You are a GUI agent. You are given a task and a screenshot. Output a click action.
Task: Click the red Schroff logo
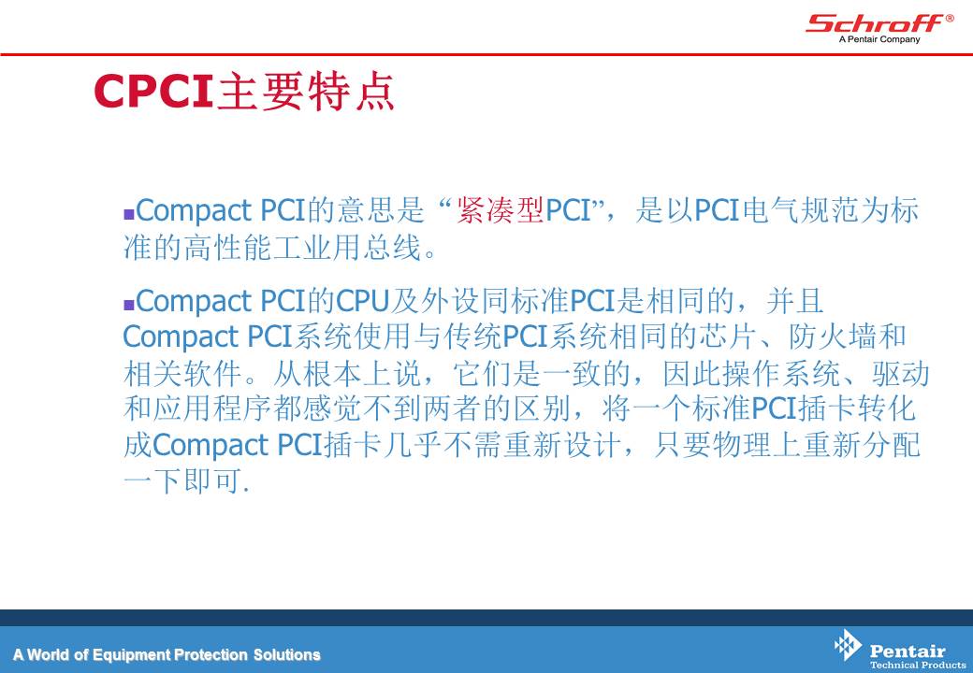(875, 23)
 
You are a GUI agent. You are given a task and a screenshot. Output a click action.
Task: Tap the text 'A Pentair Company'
(879, 39)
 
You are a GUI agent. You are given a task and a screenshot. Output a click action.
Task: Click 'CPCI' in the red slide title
(153, 92)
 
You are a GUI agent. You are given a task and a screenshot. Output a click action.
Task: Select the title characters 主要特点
(306, 92)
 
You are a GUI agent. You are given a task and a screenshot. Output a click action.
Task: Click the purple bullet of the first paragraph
(129, 214)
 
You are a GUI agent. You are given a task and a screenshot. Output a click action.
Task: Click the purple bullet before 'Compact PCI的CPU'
(129, 305)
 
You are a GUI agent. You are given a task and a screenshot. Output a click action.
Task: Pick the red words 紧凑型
(501, 210)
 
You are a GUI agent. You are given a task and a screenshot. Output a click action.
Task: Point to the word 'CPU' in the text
(362, 301)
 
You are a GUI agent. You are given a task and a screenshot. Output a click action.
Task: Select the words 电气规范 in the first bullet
(801, 210)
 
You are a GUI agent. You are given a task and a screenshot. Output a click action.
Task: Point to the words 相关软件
(182, 374)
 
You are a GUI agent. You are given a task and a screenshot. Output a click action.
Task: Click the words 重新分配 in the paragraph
(862, 446)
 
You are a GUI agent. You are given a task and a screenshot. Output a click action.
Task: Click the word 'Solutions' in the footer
(286, 654)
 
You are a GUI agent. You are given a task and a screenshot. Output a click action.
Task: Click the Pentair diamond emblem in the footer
(848, 645)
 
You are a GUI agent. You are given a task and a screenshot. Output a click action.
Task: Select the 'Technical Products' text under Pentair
(918, 665)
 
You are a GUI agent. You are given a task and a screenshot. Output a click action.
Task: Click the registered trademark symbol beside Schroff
(950, 19)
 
